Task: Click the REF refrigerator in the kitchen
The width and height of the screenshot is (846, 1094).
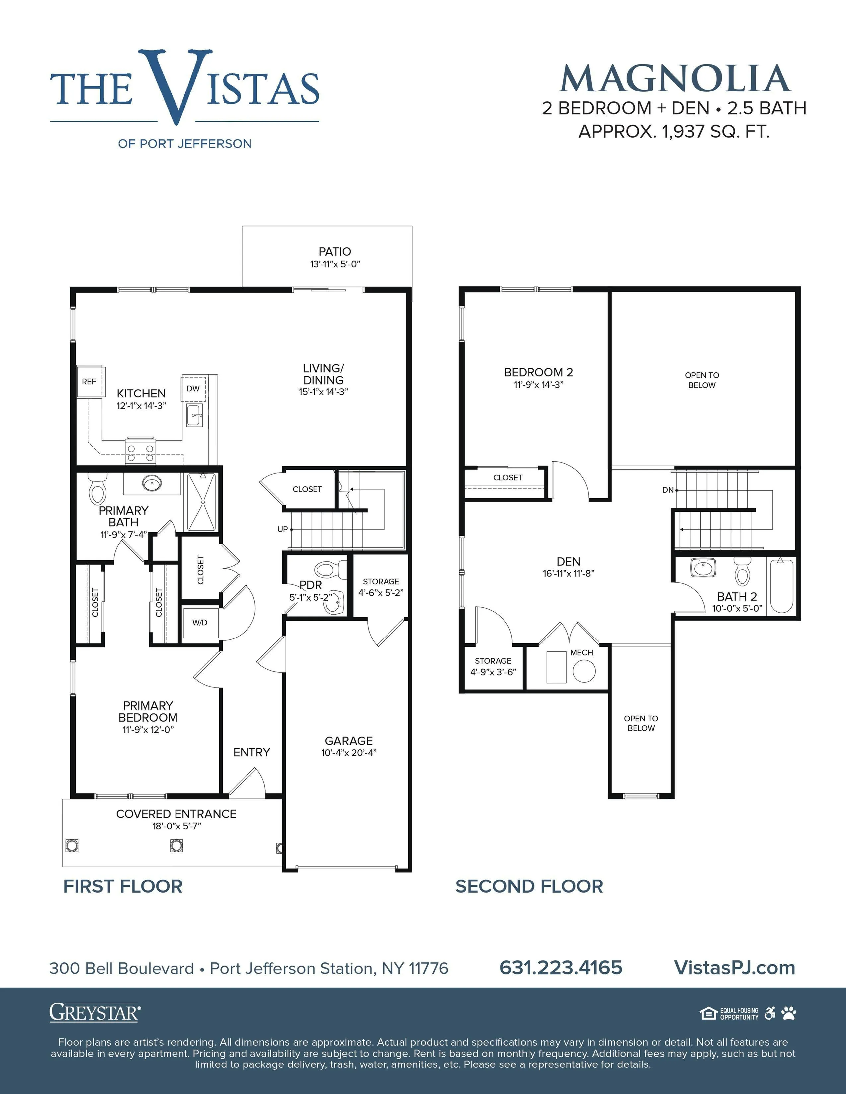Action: coord(90,381)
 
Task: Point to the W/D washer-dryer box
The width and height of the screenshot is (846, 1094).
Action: coord(200,623)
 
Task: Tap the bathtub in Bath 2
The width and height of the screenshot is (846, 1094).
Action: coord(781,586)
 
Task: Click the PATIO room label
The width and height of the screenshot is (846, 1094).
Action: coord(335,252)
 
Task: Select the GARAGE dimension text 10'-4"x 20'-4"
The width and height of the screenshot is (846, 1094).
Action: coord(349,753)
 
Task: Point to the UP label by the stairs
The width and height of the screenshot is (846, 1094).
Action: coord(283,529)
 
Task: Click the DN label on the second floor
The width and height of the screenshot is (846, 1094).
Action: coord(668,490)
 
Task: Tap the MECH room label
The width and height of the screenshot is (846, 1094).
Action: coord(581,653)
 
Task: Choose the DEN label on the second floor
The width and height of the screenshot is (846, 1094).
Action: coord(568,562)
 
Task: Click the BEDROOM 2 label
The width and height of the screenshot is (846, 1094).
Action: coord(538,372)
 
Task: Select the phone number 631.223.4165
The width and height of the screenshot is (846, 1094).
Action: coord(561,968)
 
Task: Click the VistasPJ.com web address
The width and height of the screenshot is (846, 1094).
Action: coord(735,968)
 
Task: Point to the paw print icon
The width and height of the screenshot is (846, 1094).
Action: coord(789,1013)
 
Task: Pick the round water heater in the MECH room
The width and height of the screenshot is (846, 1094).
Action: coord(584,671)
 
